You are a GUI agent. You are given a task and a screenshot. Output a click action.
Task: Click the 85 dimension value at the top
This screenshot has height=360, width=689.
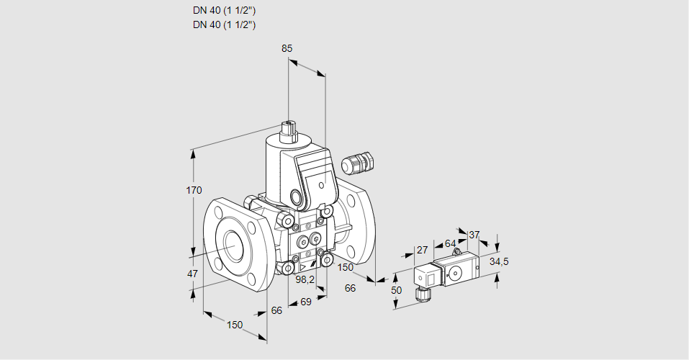click(x=287, y=48)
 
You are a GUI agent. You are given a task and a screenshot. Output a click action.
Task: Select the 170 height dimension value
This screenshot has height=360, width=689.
click(x=194, y=190)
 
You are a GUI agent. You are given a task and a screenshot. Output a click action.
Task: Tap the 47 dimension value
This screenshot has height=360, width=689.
click(x=192, y=274)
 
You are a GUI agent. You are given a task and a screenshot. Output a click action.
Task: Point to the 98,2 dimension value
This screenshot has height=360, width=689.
click(x=306, y=279)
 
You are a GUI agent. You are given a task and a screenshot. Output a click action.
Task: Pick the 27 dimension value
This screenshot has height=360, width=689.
click(x=423, y=250)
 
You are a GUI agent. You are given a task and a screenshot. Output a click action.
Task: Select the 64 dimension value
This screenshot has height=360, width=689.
click(x=450, y=243)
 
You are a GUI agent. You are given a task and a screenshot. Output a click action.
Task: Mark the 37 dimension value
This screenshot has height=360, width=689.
click(x=474, y=235)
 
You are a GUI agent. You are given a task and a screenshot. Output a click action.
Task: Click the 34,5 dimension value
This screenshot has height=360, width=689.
click(x=499, y=261)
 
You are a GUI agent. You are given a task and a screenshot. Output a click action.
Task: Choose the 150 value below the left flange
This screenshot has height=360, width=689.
click(x=235, y=325)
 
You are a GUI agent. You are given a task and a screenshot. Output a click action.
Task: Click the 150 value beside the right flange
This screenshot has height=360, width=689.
click(x=346, y=267)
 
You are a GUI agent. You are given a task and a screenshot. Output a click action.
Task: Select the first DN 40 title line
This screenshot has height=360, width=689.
click(x=224, y=11)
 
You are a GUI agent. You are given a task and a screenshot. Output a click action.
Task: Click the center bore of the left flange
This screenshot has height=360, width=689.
click(x=234, y=246)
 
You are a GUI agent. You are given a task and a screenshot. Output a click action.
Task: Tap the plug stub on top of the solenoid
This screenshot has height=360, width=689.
click(x=290, y=130)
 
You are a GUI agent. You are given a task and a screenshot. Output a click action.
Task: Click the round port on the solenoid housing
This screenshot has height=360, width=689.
click(x=297, y=197)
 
